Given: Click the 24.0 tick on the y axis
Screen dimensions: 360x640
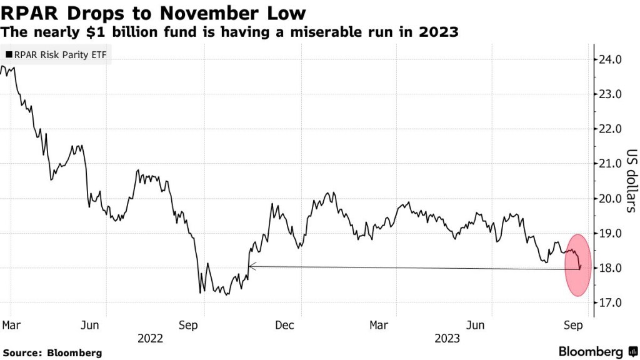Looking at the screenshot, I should [x=610, y=60].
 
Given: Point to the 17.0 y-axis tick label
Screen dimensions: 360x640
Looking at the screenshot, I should [x=610, y=303].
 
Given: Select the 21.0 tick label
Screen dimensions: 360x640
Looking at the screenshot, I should [x=610, y=164].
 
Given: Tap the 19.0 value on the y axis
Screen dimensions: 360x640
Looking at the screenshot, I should [x=610, y=234].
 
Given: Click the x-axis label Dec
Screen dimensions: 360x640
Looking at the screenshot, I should [x=284, y=326].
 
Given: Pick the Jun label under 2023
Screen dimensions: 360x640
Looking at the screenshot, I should [x=476, y=326].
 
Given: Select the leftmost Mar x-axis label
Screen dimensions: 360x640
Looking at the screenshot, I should [x=11, y=326].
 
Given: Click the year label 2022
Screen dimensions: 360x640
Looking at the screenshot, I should [x=150, y=338].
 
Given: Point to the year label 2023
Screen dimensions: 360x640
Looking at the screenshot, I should [x=447, y=338].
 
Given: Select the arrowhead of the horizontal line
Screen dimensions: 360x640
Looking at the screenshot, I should [x=251, y=266].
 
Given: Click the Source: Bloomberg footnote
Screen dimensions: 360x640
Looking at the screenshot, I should [x=52, y=353].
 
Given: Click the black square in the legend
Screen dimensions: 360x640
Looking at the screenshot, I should [x=8, y=55].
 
